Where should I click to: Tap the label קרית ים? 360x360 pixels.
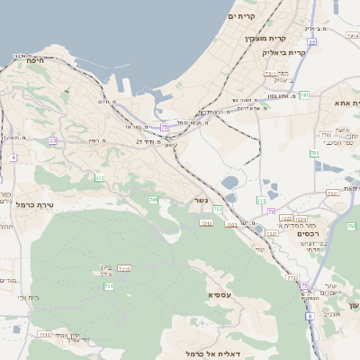[243, 16]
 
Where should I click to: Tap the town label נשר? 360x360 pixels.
[201, 199]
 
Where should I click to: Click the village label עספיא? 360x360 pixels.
[218, 295]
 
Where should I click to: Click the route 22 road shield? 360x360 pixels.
[311, 41]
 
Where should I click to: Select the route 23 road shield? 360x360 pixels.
[53, 140]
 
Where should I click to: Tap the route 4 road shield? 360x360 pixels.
[13, 157]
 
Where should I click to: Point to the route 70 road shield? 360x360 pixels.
[271, 211]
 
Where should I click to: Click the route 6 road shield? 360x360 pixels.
[310, 316]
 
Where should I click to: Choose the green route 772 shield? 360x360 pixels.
[261, 201]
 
